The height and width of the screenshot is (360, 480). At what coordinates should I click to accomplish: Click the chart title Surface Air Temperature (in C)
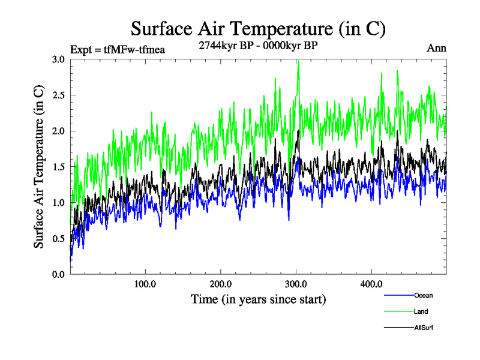click(258, 29)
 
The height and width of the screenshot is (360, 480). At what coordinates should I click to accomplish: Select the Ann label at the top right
click(436, 49)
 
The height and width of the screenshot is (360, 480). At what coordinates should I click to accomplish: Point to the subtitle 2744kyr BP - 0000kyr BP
click(258, 46)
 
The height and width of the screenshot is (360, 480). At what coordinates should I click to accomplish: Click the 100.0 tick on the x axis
click(145, 284)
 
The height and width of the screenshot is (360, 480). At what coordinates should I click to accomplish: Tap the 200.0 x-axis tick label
click(221, 284)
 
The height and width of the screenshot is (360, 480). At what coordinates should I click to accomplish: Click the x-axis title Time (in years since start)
click(258, 298)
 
